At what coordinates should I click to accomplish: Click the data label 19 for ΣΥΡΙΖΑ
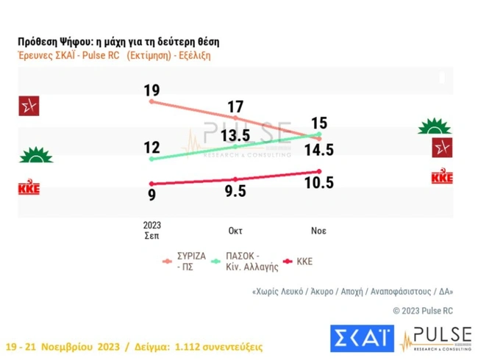pos(151,91)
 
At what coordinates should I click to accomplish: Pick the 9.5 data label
pos(235,191)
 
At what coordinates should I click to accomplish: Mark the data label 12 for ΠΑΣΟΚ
pos(151,148)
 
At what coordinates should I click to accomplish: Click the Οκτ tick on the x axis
pos(235,230)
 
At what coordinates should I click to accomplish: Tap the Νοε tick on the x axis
pos(318,230)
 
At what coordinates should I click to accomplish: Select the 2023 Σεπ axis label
pos(151,230)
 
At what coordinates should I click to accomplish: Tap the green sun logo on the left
pos(34,156)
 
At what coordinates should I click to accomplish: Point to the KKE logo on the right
pos(441,177)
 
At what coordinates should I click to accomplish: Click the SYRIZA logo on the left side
pos(29,106)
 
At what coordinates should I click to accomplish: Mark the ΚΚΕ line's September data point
pos(151,184)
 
